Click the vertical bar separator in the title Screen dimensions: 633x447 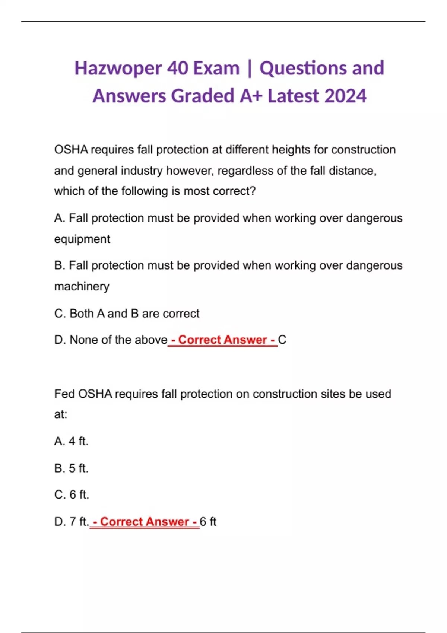[249, 69]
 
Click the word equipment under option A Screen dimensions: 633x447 [82, 239]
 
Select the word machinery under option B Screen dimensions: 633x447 [82, 287]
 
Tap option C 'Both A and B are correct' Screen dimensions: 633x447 [127, 314]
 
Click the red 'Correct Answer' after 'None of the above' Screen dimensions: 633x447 [223, 340]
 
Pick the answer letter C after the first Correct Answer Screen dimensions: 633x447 [282, 340]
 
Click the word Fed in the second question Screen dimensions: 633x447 [64, 394]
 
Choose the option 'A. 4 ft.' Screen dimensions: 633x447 [71, 441]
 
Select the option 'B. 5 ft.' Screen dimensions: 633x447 [71, 468]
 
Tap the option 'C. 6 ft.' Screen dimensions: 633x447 [72, 495]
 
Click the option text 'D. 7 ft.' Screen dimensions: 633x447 [71, 522]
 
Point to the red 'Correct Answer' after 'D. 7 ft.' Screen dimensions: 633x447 [145, 522]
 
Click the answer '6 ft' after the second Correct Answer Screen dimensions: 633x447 [208, 522]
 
